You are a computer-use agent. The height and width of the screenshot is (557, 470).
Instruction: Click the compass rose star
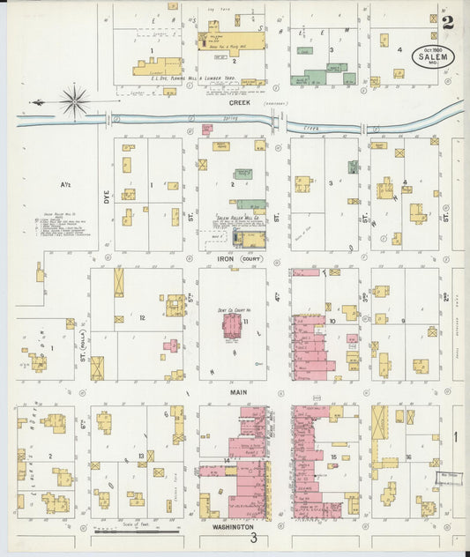click(74, 100)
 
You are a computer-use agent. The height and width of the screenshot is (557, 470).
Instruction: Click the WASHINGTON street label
click(234, 526)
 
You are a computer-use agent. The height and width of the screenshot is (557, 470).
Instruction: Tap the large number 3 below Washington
click(253, 538)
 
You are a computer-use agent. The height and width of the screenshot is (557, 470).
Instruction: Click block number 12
click(141, 316)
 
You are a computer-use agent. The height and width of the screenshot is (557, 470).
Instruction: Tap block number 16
click(409, 457)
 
